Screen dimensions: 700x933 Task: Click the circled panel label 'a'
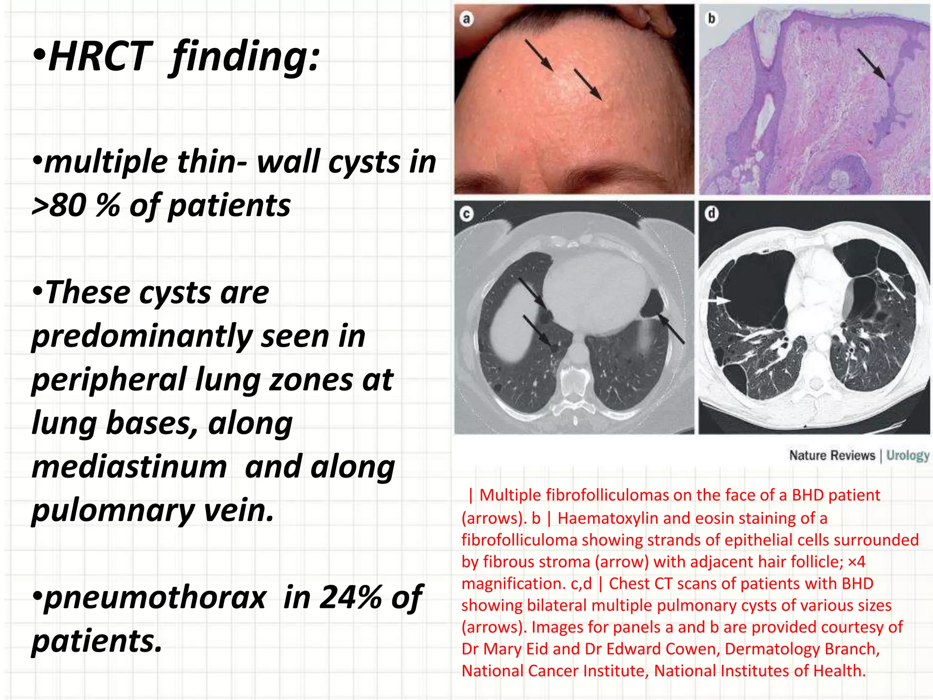pyautogui.click(x=466, y=19)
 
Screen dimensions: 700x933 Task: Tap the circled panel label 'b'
pyautogui.click(x=711, y=19)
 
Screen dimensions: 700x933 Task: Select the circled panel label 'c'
pyautogui.click(x=466, y=214)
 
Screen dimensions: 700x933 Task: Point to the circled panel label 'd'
pyautogui.click(x=712, y=213)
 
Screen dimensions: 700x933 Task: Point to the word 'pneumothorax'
pyautogui.click(x=155, y=597)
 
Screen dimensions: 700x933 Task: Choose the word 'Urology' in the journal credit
pyautogui.click(x=907, y=455)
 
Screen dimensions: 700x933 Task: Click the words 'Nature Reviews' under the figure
pyautogui.click(x=832, y=455)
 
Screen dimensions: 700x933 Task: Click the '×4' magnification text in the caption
pyautogui.click(x=856, y=562)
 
